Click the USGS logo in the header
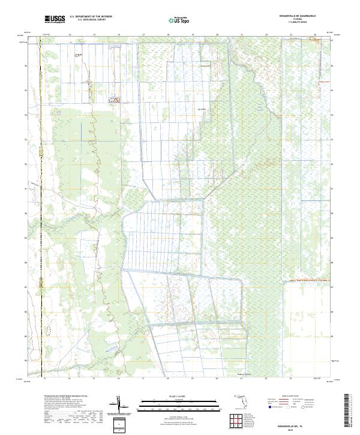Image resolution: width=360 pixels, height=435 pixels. tap(55, 19)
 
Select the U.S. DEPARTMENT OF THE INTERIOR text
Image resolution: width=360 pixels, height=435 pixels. tap(91, 17)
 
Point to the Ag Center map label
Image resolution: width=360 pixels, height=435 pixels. tap(202, 109)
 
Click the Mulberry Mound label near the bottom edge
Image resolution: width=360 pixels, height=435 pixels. tap(238, 373)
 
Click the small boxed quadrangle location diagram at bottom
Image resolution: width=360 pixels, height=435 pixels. tap(118, 424)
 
